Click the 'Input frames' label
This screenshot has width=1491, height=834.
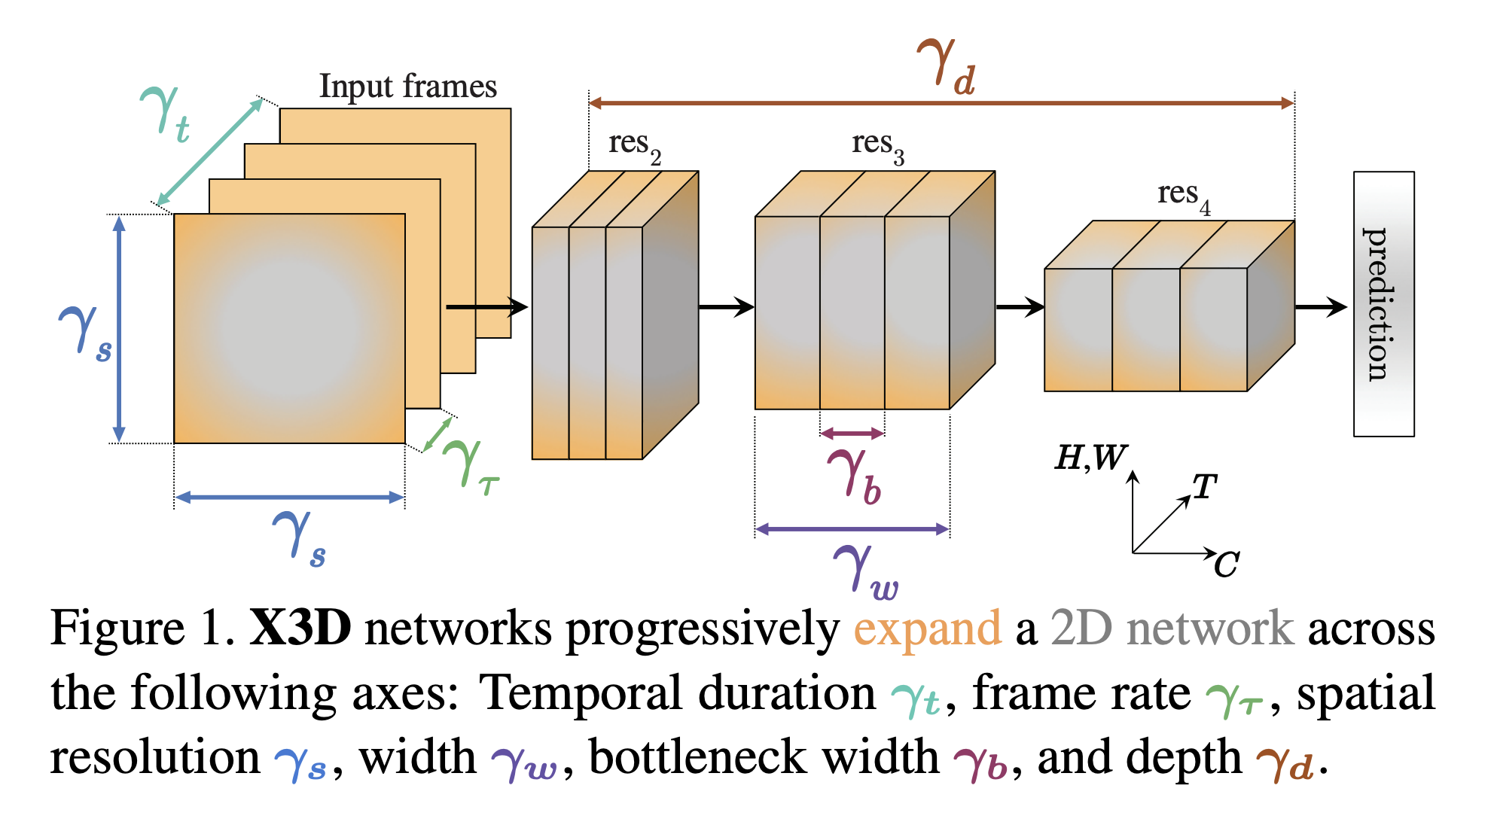pos(407,87)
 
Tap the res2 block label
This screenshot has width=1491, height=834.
pos(633,145)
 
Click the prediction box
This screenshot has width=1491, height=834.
pos(1383,304)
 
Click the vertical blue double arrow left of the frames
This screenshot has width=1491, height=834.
pos(119,329)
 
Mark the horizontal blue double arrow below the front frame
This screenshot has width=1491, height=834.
pos(289,498)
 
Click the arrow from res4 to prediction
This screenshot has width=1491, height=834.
pos(1321,307)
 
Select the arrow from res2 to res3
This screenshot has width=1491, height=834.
pos(726,307)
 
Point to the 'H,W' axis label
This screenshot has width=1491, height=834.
pos(1090,458)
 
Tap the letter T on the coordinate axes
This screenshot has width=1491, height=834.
pos(1204,488)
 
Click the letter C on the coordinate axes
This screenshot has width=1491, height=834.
pos(1227,565)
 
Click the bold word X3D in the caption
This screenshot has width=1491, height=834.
pos(300,628)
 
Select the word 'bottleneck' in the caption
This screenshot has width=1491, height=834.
pos(764,757)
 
